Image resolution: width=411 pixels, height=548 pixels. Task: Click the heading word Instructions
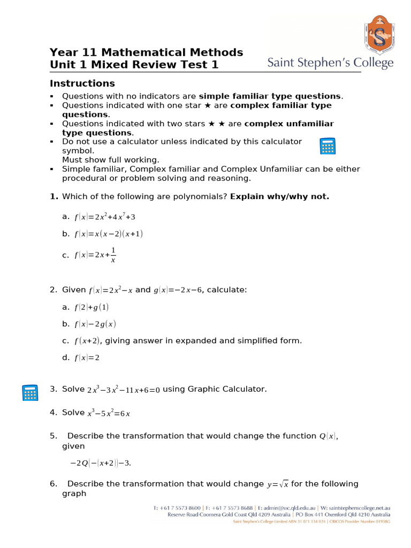(82, 83)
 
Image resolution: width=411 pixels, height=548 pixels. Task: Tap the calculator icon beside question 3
(30, 392)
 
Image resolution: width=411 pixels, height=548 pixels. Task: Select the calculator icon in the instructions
(327, 146)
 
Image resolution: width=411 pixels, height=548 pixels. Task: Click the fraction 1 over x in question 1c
(113, 255)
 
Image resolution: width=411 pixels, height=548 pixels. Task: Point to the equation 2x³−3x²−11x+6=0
(124, 390)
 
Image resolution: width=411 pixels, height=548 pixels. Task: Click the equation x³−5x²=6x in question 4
(109, 413)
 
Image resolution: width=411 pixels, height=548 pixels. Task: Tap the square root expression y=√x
(277, 484)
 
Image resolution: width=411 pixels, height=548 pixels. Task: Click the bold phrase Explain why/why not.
(279, 196)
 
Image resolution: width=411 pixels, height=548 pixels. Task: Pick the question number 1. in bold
(54, 196)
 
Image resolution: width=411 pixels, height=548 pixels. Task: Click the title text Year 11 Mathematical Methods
(146, 52)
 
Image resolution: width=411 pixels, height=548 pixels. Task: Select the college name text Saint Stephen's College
(330, 64)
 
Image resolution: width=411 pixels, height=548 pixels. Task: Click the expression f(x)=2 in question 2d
(87, 358)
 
